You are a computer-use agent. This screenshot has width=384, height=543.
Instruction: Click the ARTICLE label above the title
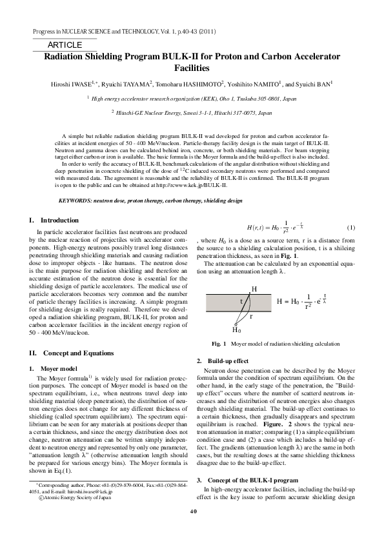(65, 45)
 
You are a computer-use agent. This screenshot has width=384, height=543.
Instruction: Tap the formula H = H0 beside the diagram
(288, 302)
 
